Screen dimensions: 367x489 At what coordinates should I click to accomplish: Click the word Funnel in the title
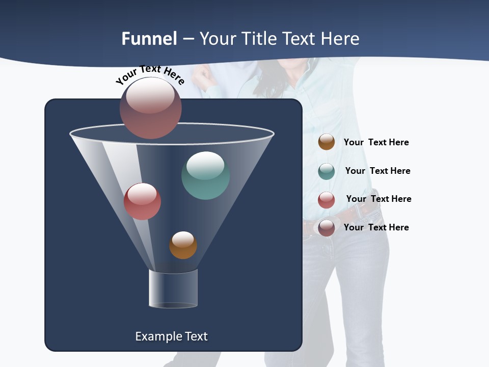[x=149, y=39]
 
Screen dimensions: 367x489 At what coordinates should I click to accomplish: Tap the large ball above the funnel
[x=151, y=108]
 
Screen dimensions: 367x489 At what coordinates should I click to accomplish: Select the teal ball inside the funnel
[x=205, y=175]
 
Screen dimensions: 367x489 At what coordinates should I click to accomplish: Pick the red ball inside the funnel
[x=142, y=201]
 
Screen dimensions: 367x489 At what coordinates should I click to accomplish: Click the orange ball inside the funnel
[x=183, y=245]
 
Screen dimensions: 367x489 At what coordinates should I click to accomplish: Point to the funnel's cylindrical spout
[x=173, y=289]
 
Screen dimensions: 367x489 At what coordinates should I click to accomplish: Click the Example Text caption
[x=171, y=336]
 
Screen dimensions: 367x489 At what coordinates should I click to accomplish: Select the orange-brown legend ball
[x=327, y=142]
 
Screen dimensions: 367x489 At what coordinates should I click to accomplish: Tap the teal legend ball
[x=327, y=171]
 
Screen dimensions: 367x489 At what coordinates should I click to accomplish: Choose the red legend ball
[x=327, y=200]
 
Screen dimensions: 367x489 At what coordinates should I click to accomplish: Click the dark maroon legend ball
[x=327, y=228]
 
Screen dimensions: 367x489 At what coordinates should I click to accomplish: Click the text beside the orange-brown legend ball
[x=376, y=143]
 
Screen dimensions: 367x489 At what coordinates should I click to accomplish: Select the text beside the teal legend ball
[x=377, y=171]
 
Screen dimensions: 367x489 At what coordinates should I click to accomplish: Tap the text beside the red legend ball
[x=378, y=199]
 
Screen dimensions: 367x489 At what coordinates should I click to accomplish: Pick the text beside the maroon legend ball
[x=376, y=227]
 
